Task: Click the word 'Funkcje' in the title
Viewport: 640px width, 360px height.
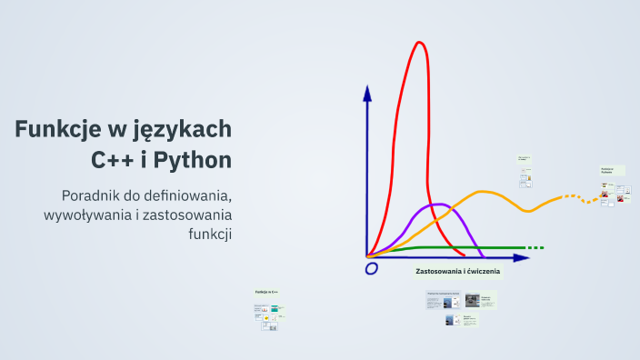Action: point(59,129)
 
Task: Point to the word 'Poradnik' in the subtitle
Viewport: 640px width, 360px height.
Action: point(91,195)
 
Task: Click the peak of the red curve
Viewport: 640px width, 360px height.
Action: point(419,43)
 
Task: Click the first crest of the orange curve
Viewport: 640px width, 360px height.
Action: point(485,192)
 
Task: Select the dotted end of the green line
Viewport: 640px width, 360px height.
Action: point(535,247)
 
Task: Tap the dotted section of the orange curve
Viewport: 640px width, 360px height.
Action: point(575,196)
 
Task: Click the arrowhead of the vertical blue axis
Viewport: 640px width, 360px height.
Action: point(367,93)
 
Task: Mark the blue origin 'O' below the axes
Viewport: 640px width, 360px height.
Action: point(371,268)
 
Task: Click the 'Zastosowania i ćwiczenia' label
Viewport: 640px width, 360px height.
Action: point(457,272)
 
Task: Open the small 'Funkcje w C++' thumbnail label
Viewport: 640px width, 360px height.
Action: point(266,292)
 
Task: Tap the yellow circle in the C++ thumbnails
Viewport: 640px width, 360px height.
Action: point(267,318)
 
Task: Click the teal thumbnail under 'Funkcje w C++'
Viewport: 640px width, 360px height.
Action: point(274,309)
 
